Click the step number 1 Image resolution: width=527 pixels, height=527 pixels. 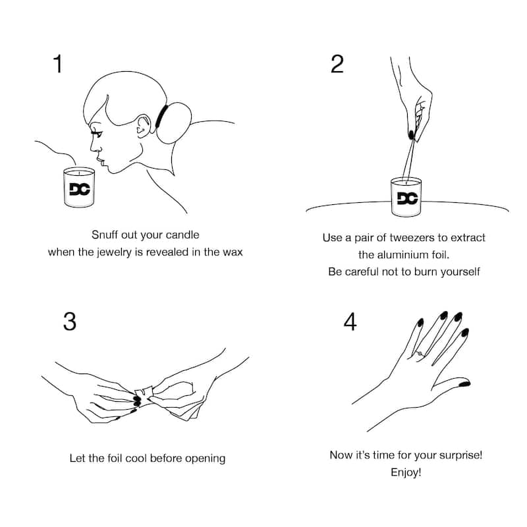58,63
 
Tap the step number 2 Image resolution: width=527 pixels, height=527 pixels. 337,64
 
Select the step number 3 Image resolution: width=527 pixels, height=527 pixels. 70,321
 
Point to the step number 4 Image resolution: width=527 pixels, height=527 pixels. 350,321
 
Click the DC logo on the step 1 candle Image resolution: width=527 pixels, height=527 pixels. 79,189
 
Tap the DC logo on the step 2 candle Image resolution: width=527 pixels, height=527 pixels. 407,198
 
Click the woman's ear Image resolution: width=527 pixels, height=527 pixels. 144,126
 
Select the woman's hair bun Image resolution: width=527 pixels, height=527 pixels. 174,123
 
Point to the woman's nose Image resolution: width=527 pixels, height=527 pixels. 94,146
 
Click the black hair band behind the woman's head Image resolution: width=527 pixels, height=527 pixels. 161,117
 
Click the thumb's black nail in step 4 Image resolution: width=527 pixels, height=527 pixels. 464,384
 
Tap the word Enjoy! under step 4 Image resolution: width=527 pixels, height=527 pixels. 406,472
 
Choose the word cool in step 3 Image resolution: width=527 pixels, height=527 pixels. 136,458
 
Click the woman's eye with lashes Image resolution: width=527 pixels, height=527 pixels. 96,133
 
